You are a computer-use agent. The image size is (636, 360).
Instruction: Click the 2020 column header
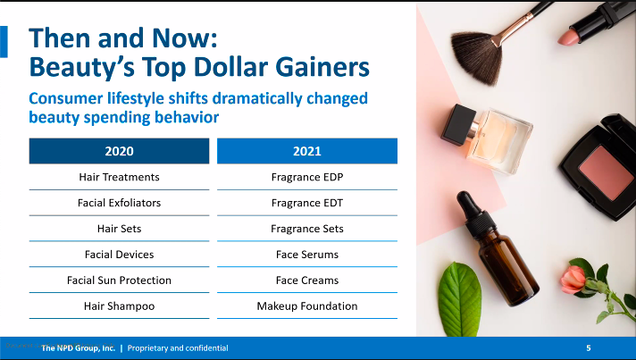click(120, 151)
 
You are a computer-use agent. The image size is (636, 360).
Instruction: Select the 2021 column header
click(307, 151)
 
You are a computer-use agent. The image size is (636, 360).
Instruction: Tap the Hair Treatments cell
click(120, 177)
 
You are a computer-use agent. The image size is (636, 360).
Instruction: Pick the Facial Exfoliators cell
click(120, 203)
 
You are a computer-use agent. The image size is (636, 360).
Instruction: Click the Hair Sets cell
click(120, 229)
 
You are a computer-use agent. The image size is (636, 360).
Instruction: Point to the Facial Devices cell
click(120, 255)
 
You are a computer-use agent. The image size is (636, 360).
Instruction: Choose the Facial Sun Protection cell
click(120, 280)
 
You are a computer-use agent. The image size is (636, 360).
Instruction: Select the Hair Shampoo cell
click(120, 306)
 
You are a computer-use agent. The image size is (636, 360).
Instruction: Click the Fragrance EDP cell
click(307, 177)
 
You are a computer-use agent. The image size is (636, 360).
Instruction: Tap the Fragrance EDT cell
click(307, 203)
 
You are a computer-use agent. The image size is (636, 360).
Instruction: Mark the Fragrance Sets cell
click(307, 229)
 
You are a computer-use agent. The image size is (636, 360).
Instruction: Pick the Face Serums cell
click(307, 255)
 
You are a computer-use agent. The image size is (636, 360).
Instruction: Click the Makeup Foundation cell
click(307, 306)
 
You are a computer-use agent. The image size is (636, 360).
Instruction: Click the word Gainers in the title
click(322, 66)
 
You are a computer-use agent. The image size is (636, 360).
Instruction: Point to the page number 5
click(589, 347)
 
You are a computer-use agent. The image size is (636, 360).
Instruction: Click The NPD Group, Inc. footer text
click(79, 348)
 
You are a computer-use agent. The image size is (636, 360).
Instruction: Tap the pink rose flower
click(573, 280)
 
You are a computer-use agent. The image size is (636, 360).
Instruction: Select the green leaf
click(460, 298)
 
